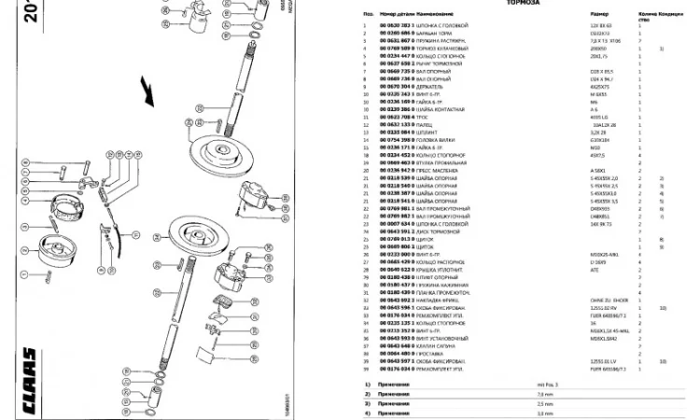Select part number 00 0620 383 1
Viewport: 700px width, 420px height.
pyautogui.click(x=396, y=25)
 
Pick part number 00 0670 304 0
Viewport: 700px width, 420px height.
pyautogui.click(x=396, y=86)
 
